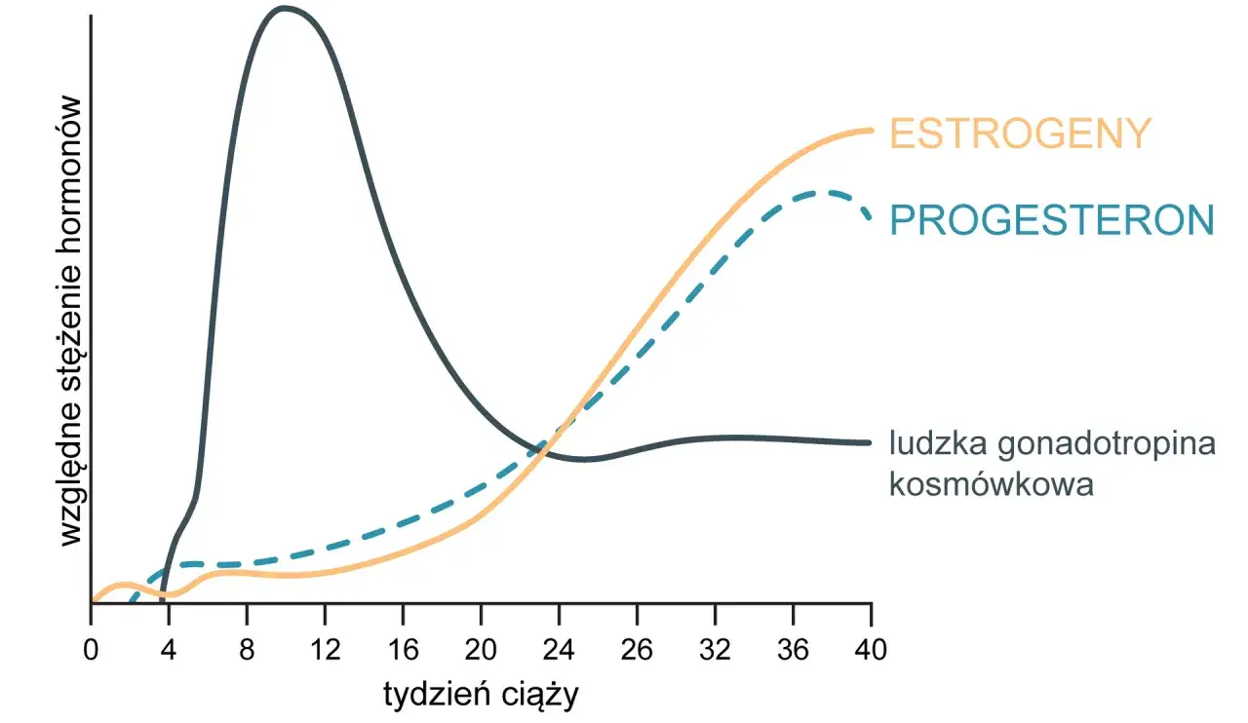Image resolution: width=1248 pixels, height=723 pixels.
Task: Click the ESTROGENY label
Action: pos(1020,133)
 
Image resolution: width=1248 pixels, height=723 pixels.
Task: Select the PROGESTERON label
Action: pos(1052,220)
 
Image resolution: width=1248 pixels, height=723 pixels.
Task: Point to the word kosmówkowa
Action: pos(991,483)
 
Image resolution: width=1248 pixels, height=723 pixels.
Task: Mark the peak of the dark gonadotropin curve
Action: pos(284,9)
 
